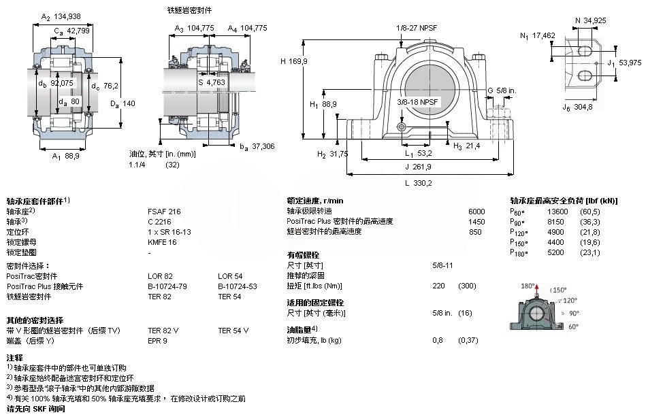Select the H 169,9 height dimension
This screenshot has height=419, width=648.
coord(295,61)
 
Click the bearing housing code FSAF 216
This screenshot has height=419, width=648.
coord(164,212)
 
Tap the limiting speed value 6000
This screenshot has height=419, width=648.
coord(476,212)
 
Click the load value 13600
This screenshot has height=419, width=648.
coord(557,212)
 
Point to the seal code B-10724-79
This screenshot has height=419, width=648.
coord(167,286)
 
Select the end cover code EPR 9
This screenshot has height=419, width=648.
coord(158,340)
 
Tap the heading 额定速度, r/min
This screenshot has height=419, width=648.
coord(315,201)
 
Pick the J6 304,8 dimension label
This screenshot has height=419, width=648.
coord(577,107)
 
